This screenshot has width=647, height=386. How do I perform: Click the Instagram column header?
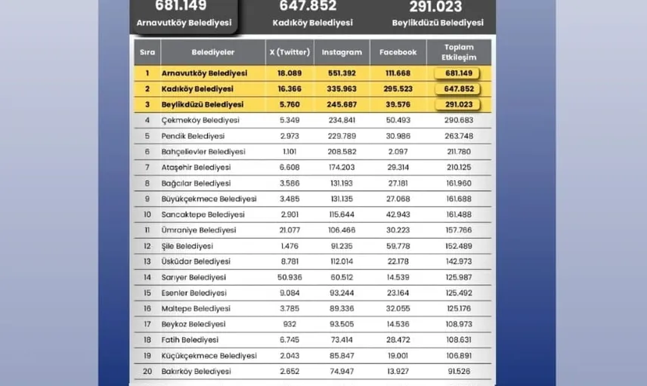(342, 53)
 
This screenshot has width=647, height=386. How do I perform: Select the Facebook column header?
(398, 53)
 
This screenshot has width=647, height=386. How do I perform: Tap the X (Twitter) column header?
(290, 53)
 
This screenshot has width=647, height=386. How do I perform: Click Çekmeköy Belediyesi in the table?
(200, 120)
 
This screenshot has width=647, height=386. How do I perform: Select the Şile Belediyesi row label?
(187, 246)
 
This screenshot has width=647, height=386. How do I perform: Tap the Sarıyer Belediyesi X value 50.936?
(290, 277)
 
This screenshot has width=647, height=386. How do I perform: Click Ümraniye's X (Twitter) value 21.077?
(290, 230)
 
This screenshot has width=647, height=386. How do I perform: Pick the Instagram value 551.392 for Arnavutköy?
(342, 73)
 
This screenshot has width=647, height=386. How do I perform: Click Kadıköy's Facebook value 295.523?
(398, 89)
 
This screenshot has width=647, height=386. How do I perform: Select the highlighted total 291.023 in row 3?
(459, 105)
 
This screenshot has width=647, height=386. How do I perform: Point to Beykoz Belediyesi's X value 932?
(290, 325)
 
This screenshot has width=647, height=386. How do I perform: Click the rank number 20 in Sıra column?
(147, 372)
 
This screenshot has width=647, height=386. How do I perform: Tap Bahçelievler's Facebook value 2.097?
(398, 152)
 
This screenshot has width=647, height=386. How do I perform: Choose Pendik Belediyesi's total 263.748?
(459, 136)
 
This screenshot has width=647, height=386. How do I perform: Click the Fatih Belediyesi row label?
(190, 340)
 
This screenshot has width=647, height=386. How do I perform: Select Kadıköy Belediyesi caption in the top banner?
(312, 23)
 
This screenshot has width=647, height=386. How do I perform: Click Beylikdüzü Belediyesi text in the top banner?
(437, 23)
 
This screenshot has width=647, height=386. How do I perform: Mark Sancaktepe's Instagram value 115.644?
(342, 215)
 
